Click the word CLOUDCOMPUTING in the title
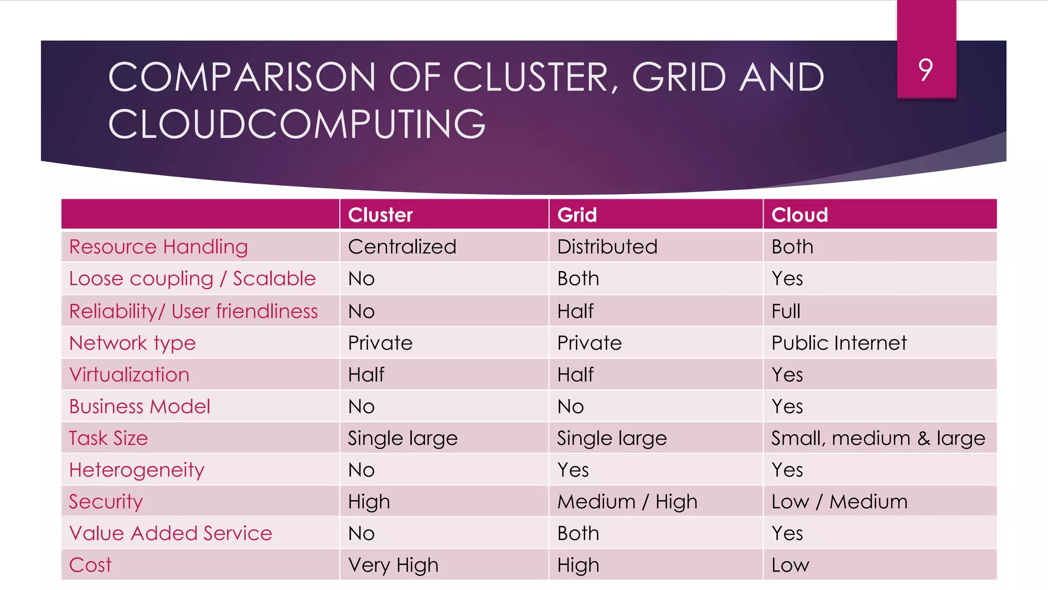point(297,124)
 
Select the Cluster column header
point(380,215)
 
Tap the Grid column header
point(577,215)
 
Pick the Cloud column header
point(799,215)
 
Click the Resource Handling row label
point(159,247)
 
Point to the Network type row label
point(133,343)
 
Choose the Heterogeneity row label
point(137,470)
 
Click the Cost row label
point(90,565)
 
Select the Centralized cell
point(402,247)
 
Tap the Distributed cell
point(607,247)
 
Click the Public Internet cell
point(839,343)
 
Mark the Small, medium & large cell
point(878,438)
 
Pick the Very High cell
point(393,565)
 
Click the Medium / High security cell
point(627,502)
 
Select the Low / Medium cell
point(839,502)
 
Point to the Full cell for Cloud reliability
point(785,311)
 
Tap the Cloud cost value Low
point(790,565)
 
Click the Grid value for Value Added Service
point(578,534)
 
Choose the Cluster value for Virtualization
point(366,375)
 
